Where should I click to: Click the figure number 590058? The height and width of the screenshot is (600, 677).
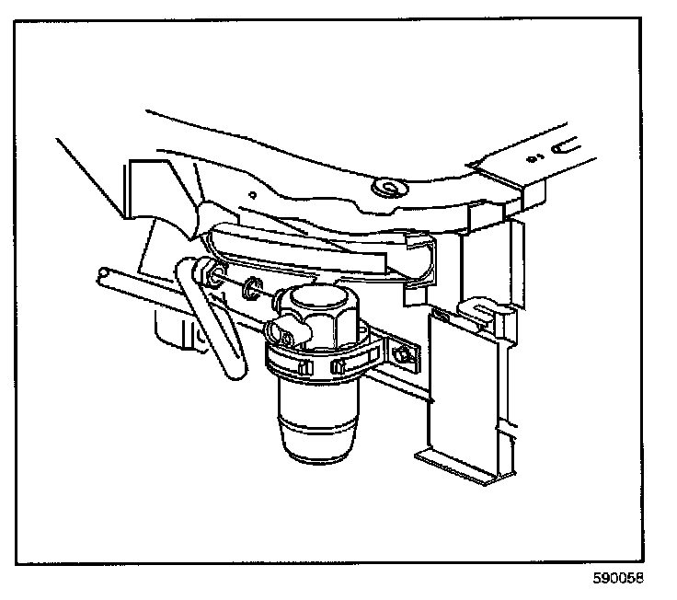click(x=618, y=580)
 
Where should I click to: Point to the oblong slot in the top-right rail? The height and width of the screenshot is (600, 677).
click(x=564, y=144)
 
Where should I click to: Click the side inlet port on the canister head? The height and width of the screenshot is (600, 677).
click(x=274, y=330)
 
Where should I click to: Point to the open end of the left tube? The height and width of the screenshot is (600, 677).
click(x=102, y=274)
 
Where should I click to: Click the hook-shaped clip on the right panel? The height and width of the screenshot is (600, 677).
click(x=473, y=311)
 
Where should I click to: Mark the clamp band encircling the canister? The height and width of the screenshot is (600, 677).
click(x=313, y=363)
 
